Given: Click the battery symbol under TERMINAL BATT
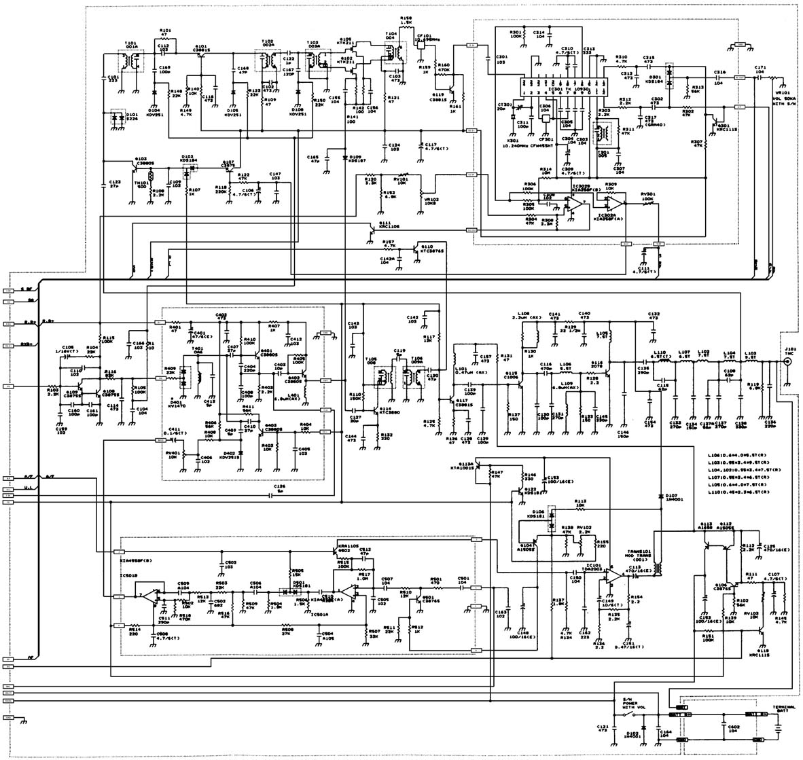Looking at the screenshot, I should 775,725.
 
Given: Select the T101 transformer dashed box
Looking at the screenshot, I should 131,61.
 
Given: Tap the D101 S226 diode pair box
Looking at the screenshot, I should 113,117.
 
